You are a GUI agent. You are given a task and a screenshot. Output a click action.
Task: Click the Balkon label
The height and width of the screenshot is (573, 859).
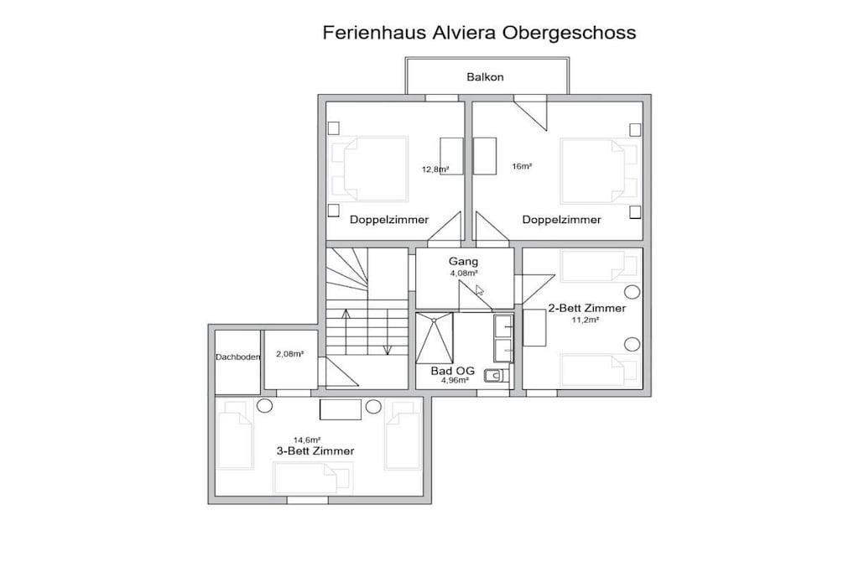tap(485, 77)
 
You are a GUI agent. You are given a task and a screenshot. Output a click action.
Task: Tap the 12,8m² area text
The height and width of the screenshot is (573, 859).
tap(435, 169)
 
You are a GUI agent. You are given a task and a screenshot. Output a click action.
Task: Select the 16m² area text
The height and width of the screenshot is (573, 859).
tap(522, 166)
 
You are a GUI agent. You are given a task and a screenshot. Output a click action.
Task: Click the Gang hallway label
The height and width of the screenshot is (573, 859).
tap(463, 262)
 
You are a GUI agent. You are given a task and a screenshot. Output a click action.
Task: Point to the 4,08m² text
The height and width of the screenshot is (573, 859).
tap(463, 273)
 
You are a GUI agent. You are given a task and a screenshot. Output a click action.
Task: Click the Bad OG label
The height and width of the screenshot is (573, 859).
tap(452, 371)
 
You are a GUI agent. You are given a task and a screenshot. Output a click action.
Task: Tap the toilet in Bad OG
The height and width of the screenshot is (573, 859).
tap(497, 375)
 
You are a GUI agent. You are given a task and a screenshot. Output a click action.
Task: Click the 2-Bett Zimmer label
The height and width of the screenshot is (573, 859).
tap(586, 309)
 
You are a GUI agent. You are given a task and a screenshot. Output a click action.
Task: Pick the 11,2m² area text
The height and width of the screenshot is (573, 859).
tap(585, 320)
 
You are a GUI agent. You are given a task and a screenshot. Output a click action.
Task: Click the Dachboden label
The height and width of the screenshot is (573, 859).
tap(237, 357)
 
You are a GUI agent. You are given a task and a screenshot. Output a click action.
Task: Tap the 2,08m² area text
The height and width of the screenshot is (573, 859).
tap(289, 354)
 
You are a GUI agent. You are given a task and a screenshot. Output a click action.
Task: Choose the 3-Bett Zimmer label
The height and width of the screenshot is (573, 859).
tap(315, 451)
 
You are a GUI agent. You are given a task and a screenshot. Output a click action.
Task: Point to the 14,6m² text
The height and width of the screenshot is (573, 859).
tap(307, 440)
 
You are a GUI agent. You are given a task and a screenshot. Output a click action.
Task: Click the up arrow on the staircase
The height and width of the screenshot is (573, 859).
tap(346, 332)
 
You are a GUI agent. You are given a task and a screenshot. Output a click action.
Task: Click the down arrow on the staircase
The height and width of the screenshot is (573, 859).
tap(388, 332)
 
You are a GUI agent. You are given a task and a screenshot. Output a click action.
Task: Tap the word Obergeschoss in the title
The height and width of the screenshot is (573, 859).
tap(570, 33)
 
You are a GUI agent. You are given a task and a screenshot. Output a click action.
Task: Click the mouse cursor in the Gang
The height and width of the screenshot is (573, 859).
tap(479, 290)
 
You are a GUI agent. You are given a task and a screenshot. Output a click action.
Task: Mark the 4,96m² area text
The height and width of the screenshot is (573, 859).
tap(455, 380)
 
